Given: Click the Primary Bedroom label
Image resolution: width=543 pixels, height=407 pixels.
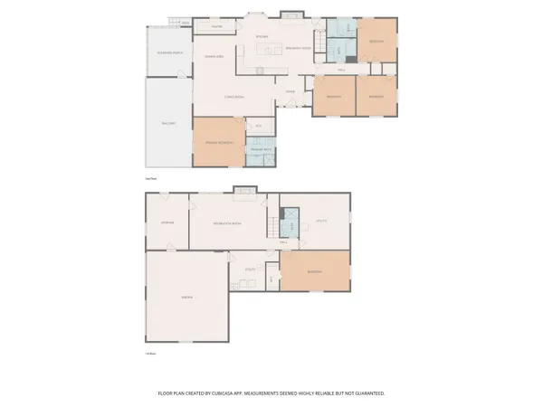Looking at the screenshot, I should tap(220, 142).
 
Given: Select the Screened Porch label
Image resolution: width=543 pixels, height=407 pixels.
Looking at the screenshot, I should tap(167, 53).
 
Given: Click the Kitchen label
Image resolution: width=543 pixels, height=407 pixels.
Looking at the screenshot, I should tap(262, 37).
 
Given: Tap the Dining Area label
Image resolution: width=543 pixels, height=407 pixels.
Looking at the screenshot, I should tap(214, 58).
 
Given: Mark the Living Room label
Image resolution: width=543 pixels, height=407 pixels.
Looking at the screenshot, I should tap(234, 97).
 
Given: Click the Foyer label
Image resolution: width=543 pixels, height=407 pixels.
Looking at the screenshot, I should tap(291, 92).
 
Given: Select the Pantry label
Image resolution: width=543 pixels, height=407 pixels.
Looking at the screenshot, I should tap(217, 27).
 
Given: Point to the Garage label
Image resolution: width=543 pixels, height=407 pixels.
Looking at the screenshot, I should tap(187, 297).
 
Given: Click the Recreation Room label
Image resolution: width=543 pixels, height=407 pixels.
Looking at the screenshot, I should tap(226, 222).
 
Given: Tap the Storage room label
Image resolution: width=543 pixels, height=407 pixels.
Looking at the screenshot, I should tap(167, 222).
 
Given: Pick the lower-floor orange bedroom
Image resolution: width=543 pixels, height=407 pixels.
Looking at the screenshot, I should tap(315, 270).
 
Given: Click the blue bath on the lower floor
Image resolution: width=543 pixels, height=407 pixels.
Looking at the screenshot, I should tap(291, 222).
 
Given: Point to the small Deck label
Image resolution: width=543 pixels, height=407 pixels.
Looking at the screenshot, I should tap(186, 23).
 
